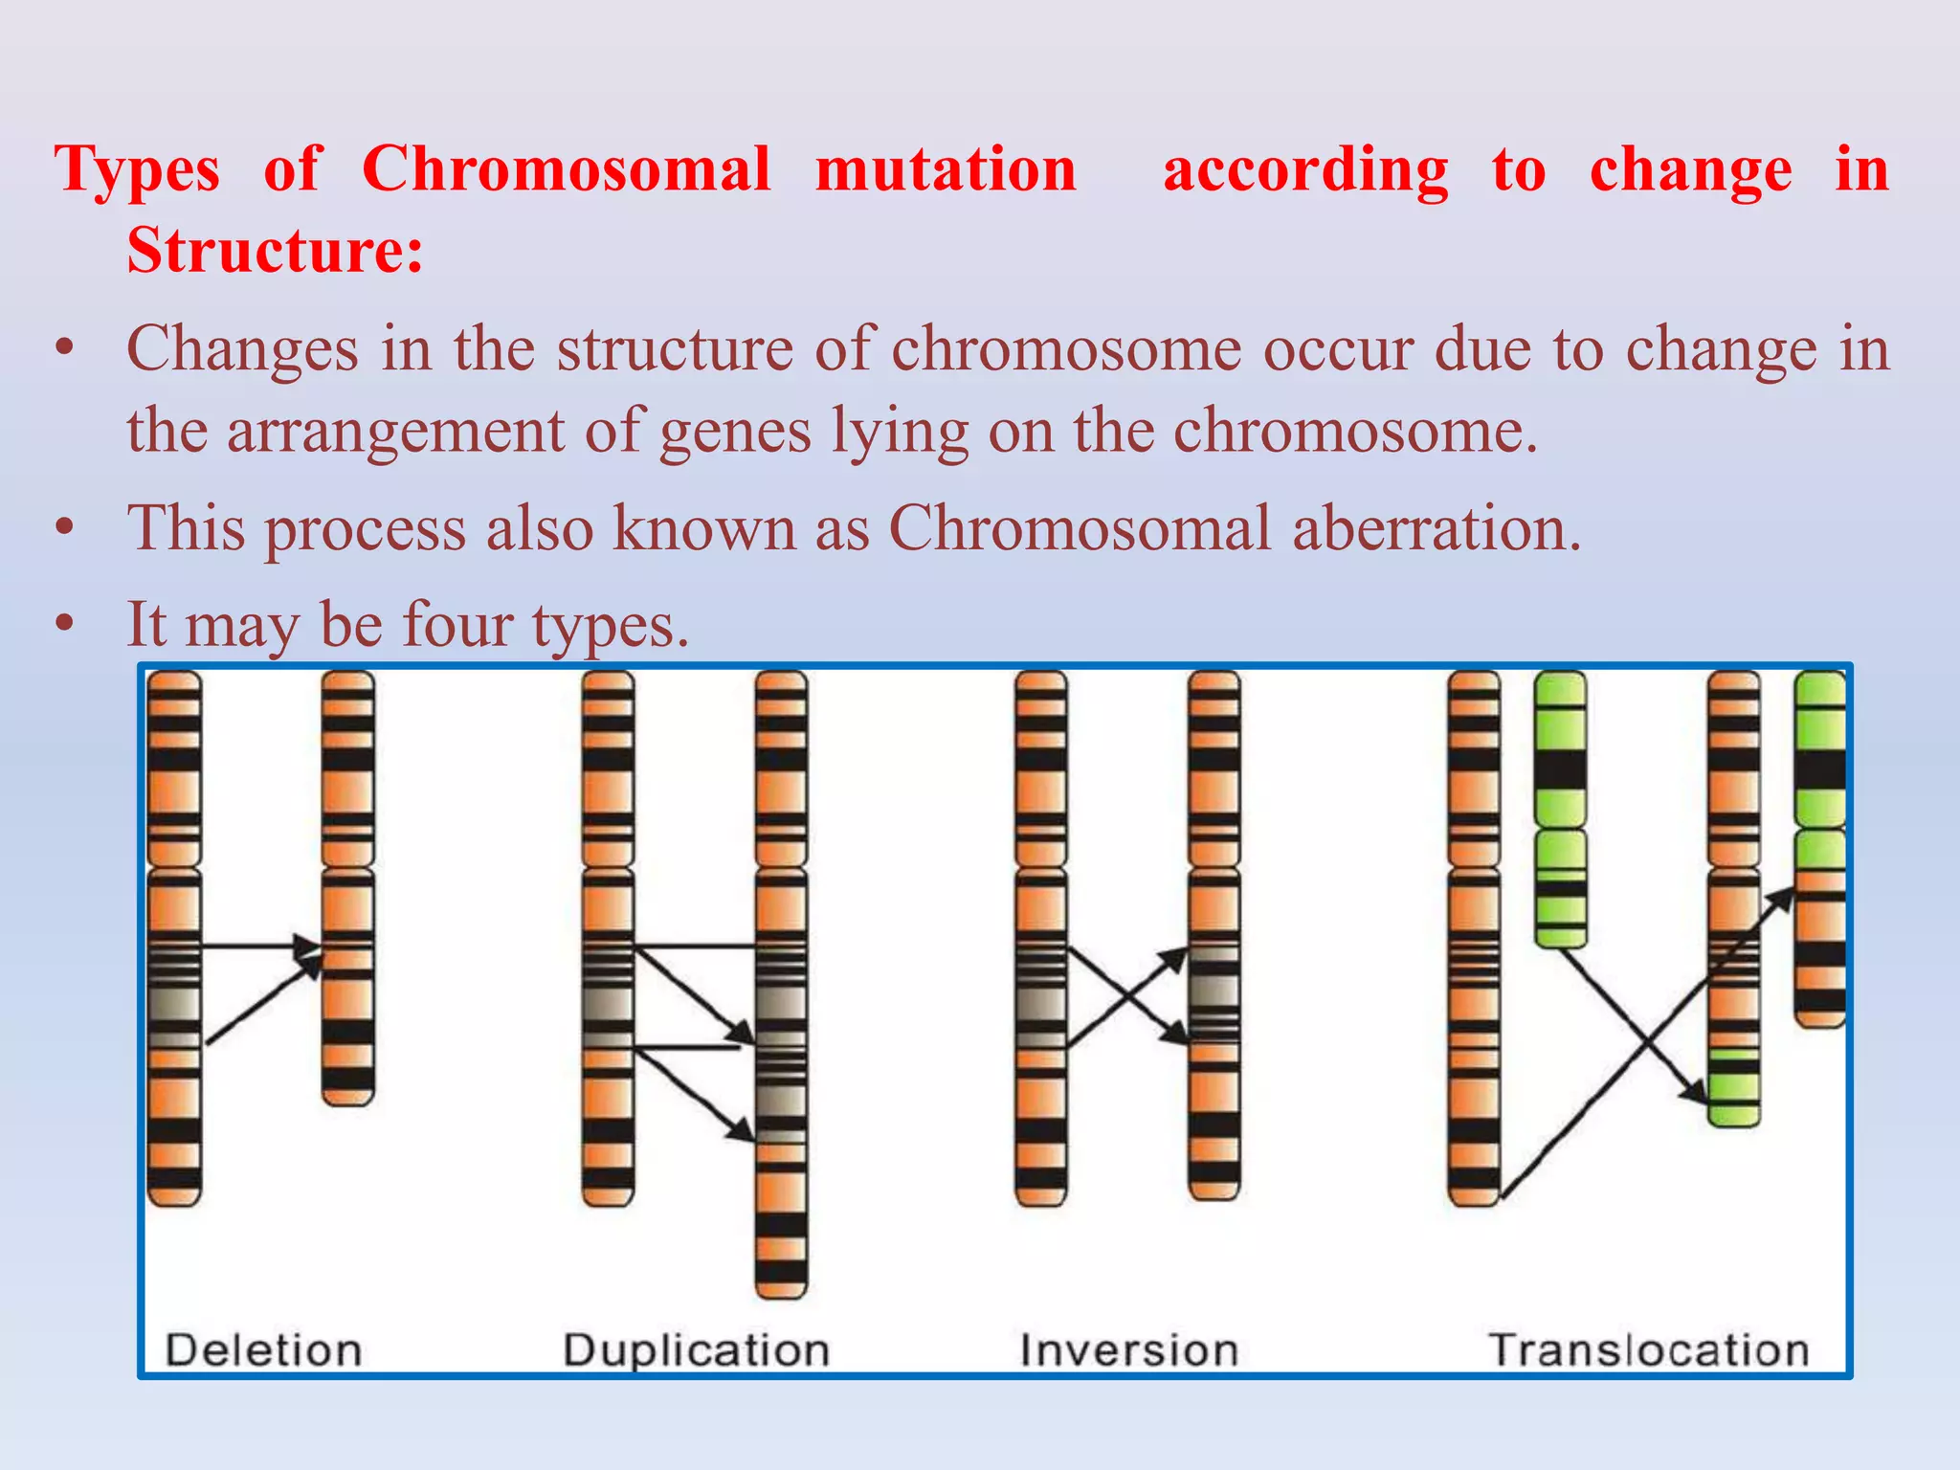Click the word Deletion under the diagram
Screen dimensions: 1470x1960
point(263,1350)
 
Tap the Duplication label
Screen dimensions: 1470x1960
point(696,1350)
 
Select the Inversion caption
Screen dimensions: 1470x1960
point(1128,1350)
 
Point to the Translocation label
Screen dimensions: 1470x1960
point(1648,1350)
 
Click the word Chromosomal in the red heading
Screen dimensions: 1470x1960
point(566,169)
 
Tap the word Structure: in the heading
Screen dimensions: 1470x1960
point(275,251)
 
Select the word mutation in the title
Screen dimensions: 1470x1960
point(946,169)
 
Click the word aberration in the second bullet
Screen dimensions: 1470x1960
point(1436,527)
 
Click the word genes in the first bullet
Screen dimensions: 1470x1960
point(735,430)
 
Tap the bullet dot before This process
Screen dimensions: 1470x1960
point(64,527)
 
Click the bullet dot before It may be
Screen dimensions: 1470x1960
point(64,624)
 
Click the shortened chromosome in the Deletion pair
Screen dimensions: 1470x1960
point(347,890)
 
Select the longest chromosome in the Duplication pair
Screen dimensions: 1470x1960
point(781,986)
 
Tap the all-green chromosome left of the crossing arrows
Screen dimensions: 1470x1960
point(1560,809)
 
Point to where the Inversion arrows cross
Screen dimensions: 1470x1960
point(1127,997)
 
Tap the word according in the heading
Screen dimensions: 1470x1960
point(1305,169)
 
